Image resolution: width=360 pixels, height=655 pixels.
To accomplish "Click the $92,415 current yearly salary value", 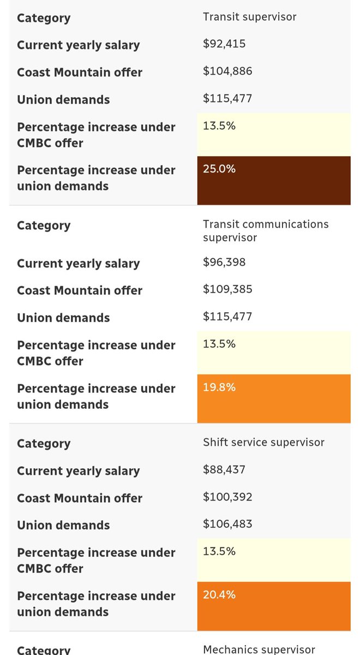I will (x=224, y=44).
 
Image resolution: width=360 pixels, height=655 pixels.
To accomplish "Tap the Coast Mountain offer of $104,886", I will (x=227, y=71).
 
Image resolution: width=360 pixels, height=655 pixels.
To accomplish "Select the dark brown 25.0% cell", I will (x=273, y=180).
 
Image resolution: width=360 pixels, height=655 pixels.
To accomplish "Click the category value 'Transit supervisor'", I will (x=249, y=17).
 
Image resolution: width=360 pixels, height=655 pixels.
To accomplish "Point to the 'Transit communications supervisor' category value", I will (x=265, y=231).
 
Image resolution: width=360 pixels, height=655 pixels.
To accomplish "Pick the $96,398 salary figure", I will (x=224, y=262).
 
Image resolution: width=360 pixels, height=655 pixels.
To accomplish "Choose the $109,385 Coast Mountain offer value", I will (x=227, y=289).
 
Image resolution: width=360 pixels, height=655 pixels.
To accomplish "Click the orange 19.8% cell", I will (x=273, y=398).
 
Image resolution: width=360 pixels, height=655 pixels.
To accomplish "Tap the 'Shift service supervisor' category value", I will (x=263, y=442).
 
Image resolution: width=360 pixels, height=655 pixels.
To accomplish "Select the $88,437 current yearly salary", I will (x=224, y=469).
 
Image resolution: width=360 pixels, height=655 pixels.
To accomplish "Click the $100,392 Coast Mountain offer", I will (x=227, y=497).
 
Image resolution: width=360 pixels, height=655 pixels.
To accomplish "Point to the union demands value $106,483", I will (x=227, y=524).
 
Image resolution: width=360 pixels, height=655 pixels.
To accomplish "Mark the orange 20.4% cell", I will (x=273, y=605).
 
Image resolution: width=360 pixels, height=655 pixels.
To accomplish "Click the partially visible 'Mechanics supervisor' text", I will (x=259, y=649).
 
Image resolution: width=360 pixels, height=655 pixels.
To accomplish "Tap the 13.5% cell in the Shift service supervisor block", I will (x=273, y=559).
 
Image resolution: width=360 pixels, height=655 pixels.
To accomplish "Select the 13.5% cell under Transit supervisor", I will (x=273, y=134).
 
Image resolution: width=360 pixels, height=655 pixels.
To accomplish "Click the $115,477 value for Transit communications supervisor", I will (x=227, y=317).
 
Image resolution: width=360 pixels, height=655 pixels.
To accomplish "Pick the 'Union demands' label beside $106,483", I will (x=63, y=525).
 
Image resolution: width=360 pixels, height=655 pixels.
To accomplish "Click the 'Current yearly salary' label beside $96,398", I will (x=78, y=263).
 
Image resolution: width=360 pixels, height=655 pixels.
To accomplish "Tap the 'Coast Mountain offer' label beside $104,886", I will (x=80, y=72).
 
